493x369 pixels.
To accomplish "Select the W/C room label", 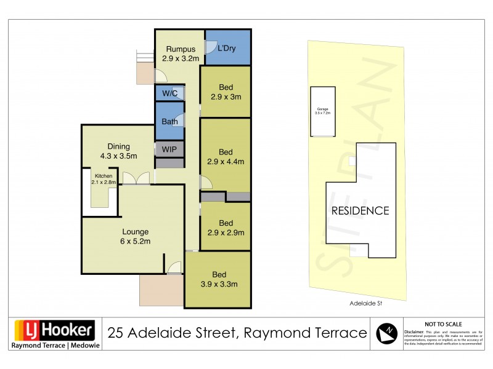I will pyautogui.click(x=169, y=93).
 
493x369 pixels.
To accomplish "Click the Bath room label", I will pyautogui.click(x=169, y=122).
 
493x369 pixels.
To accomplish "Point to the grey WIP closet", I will pyautogui.click(x=169, y=149).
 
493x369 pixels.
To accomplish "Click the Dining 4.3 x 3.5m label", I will pyautogui.click(x=118, y=151).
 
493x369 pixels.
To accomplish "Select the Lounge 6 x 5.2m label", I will pyautogui.click(x=135, y=237).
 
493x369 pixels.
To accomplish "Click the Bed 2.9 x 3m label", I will pyautogui.click(x=226, y=92).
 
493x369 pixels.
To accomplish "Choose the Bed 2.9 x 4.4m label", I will pyautogui.click(x=226, y=157).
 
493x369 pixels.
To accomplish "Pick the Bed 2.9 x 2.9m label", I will pyautogui.click(x=226, y=228).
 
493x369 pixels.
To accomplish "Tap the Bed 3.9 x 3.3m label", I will pyautogui.click(x=219, y=279).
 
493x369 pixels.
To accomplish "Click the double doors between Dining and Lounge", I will pyautogui.click(x=136, y=178).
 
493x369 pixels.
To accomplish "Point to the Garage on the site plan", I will pyautogui.click(x=323, y=111).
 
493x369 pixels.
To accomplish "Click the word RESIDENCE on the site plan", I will pyautogui.click(x=361, y=210).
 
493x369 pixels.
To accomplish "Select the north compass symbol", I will pyautogui.click(x=387, y=333).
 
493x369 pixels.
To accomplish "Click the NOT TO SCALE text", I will pyautogui.click(x=443, y=324).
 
